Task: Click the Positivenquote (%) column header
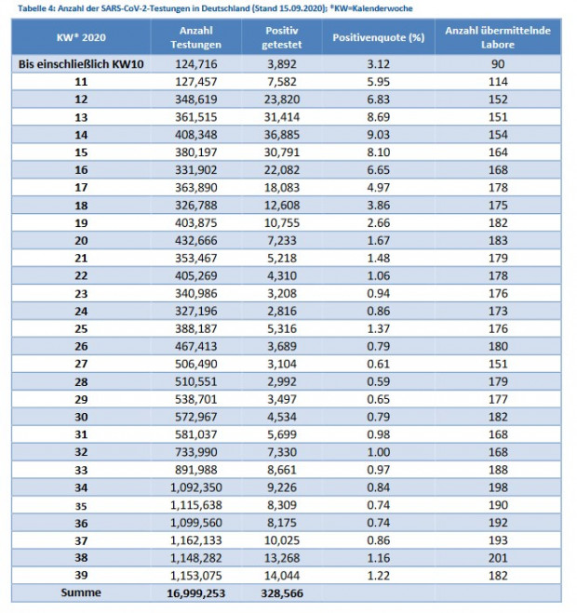pyautogui.click(x=378, y=37)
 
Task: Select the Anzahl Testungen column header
pyautogui.click(x=196, y=37)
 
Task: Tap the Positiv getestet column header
pyautogui.click(x=282, y=37)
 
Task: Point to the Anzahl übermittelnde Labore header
pyautogui.click(x=498, y=37)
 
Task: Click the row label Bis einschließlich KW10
pyautogui.click(x=81, y=64)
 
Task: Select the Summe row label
pyautogui.click(x=81, y=593)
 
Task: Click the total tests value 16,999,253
pyautogui.click(x=196, y=593)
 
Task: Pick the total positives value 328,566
pyautogui.click(x=282, y=593)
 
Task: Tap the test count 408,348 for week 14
pyautogui.click(x=196, y=135)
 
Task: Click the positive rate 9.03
pyautogui.click(x=378, y=135)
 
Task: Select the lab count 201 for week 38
pyautogui.click(x=498, y=558)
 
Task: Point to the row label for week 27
pyautogui.click(x=81, y=364)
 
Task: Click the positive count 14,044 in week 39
pyautogui.click(x=282, y=576)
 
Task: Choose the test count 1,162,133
pyautogui.click(x=196, y=540)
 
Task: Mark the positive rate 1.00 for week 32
pyautogui.click(x=378, y=452)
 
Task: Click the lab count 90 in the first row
pyautogui.click(x=498, y=64)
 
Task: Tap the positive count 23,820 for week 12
pyautogui.click(x=282, y=100)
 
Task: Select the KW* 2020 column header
pyautogui.click(x=81, y=37)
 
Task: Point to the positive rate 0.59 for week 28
pyautogui.click(x=378, y=381)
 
